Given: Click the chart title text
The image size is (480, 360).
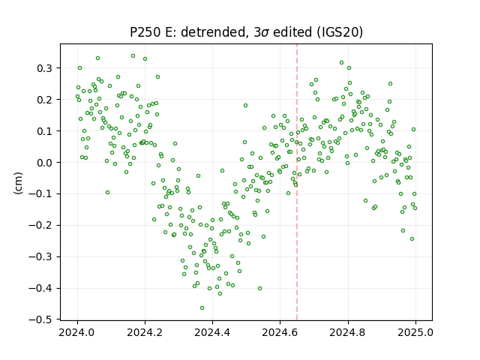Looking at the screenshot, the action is (x=247, y=32).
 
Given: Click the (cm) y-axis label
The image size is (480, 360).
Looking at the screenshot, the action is (x=18, y=183).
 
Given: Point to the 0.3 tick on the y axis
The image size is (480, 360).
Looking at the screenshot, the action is (x=44, y=68).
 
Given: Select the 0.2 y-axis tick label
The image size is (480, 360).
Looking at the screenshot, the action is (x=44, y=100).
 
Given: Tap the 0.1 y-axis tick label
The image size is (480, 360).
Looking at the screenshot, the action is (x=44, y=131).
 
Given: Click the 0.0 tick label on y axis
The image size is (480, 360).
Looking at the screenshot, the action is (x=44, y=163).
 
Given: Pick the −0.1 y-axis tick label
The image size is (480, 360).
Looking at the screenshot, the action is (x=40, y=194).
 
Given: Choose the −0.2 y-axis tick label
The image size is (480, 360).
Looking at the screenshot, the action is (x=40, y=226).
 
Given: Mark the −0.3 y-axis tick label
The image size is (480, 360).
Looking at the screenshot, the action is (x=40, y=257).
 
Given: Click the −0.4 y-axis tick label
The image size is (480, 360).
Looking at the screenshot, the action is (x=40, y=289).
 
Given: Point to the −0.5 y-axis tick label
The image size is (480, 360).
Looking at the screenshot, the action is (x=40, y=320).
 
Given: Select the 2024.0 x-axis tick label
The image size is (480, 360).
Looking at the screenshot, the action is (x=77, y=332).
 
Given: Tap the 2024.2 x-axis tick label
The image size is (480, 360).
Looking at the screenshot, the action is (x=145, y=332).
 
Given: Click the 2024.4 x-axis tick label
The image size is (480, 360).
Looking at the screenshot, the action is (x=212, y=332).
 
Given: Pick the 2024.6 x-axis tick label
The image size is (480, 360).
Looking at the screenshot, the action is (x=280, y=332).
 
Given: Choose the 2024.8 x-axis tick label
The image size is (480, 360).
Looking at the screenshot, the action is (x=348, y=332).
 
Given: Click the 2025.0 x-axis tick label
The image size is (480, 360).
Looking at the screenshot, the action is (x=415, y=332).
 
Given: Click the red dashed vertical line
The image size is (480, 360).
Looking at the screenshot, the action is (x=297, y=182).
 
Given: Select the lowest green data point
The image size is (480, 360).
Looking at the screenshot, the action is (x=202, y=308).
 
